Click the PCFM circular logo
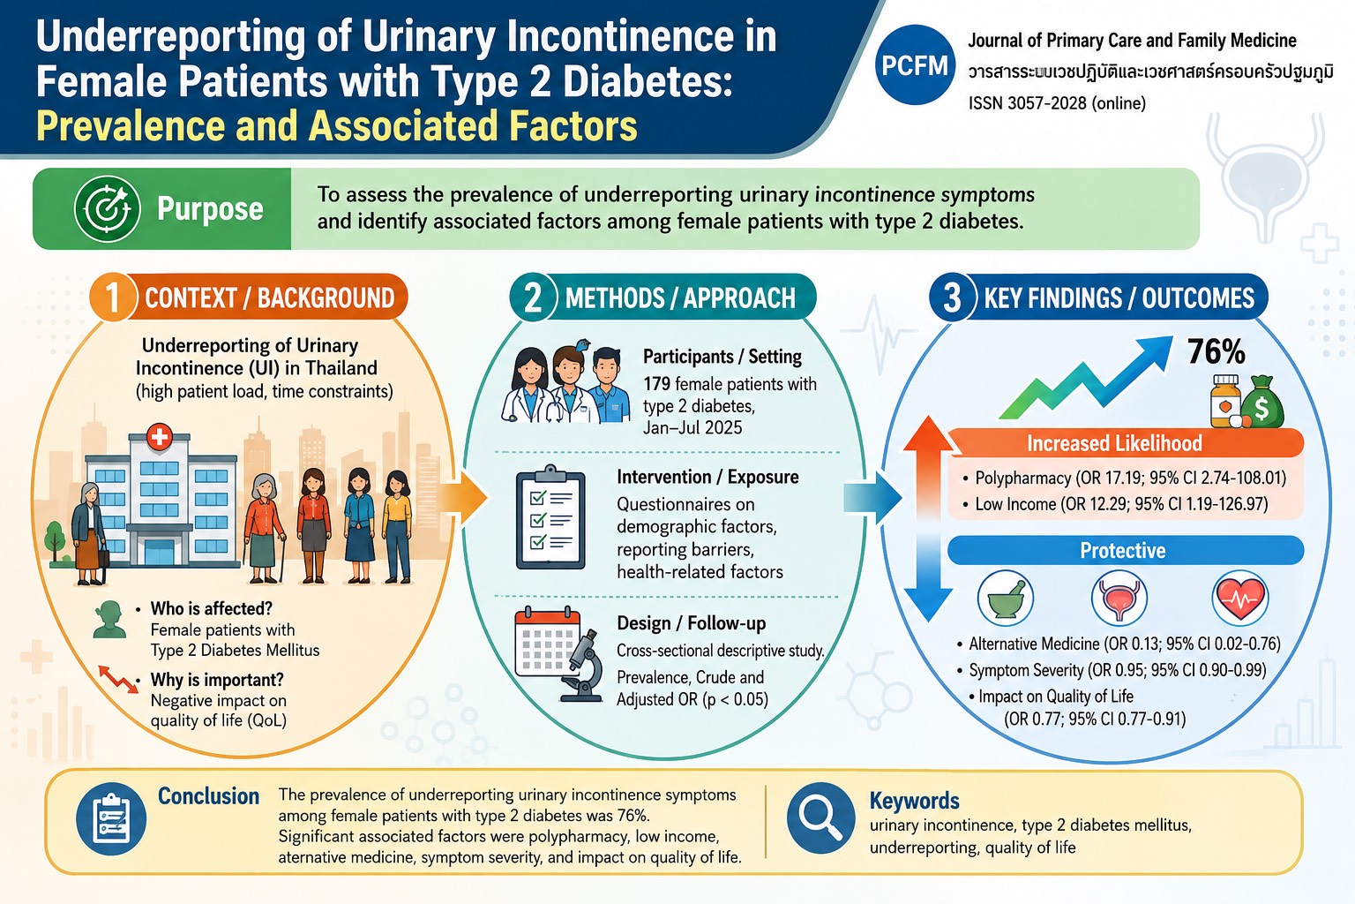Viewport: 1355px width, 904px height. (915, 64)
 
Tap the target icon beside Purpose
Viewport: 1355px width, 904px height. (107, 209)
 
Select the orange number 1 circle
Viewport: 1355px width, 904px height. (113, 298)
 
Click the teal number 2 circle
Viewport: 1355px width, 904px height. (533, 298)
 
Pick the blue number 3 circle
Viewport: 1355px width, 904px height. (953, 298)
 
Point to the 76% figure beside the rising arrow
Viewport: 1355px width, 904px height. (1216, 351)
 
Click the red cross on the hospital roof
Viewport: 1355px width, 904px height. (160, 437)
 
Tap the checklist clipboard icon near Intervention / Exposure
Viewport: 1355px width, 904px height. (550, 517)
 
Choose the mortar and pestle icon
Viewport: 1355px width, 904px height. (1006, 599)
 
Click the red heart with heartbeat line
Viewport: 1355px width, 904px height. (1240, 599)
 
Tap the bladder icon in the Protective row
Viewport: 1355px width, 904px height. (1119, 599)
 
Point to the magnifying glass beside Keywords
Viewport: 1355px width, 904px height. (821, 818)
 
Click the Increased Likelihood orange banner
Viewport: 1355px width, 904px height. (1125, 443)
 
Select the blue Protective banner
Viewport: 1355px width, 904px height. (1125, 550)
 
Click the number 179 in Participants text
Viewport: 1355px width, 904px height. (656, 384)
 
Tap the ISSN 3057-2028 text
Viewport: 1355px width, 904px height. (1057, 103)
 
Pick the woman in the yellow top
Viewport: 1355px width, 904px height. (397, 527)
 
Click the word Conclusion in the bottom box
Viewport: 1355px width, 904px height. (209, 796)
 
